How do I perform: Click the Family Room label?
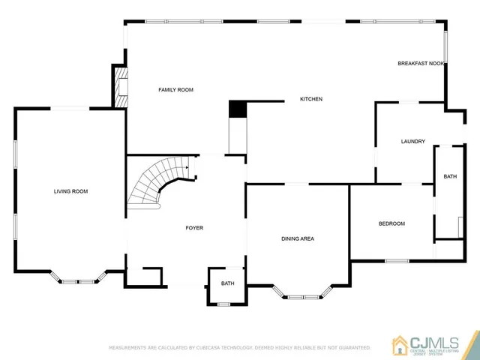click(175, 90)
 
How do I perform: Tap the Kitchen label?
click(311, 99)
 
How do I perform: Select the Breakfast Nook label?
click(421, 64)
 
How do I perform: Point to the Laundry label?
click(413, 141)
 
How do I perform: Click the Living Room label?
click(70, 191)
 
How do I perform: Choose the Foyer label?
click(194, 227)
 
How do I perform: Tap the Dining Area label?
click(298, 238)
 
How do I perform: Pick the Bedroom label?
click(391, 223)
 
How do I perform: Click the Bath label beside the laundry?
click(450, 176)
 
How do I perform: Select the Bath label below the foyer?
click(227, 283)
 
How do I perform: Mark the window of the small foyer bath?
click(223, 303)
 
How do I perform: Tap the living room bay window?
click(78, 281)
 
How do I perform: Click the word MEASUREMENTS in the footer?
click(129, 348)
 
